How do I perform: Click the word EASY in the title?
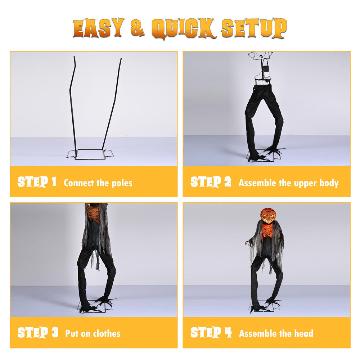pos(99,28)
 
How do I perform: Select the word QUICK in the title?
pos(184,29)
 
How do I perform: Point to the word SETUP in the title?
pos(254,28)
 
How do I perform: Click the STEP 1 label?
pos(37,182)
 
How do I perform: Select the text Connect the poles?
pos(98,183)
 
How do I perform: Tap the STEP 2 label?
pos(211,182)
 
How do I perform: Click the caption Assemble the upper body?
pos(289,183)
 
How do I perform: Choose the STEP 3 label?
pos(38,333)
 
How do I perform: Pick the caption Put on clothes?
pos(93,333)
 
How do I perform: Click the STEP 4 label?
pos(211,333)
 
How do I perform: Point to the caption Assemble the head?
pos(276,333)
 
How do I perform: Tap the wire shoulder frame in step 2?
pos(261,55)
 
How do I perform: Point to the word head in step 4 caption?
pos(304,333)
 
